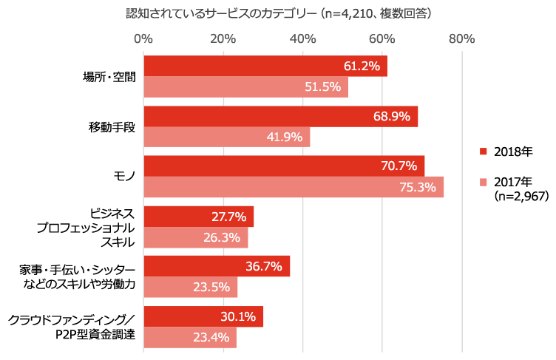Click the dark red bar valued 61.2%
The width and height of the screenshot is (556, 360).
pos(265,67)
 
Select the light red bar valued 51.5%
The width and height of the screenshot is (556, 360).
pos(245,87)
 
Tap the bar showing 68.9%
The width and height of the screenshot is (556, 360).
pos(281,117)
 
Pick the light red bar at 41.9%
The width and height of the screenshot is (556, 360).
pos(227,137)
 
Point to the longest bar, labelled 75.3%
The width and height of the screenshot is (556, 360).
pos(294,187)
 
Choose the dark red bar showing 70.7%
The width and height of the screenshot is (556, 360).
pos(284,166)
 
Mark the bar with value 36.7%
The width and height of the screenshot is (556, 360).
pos(217,267)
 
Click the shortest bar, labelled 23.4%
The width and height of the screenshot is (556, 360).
pos(190,338)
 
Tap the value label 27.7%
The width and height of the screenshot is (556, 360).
pos(228,217)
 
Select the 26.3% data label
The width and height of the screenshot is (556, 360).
pos(222,237)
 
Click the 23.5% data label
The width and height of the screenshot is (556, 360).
pos(211,288)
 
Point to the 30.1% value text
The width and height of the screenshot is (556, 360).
pos(237,317)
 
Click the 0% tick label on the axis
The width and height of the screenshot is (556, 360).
pos(143,38)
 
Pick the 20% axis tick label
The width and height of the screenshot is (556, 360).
pos(223,38)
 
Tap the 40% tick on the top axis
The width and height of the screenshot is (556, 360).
pos(303,38)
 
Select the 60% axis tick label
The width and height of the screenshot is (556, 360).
pos(382,38)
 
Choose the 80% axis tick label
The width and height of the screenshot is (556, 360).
pos(462,38)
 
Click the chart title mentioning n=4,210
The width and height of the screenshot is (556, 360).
pos(279,13)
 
